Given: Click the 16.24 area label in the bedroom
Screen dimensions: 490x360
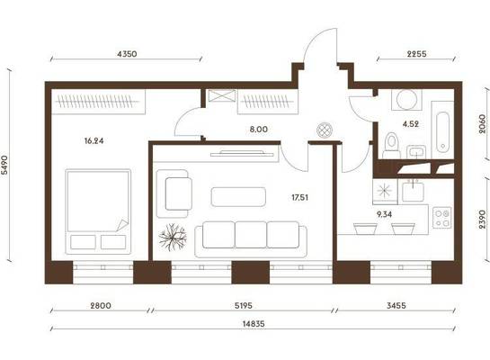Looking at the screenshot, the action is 94,141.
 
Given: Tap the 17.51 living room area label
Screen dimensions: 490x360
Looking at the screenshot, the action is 299,197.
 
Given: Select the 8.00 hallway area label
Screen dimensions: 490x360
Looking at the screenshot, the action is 258,130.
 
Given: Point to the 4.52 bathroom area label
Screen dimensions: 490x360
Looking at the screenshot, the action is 410,124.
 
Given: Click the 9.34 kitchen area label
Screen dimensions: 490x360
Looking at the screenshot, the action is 384,214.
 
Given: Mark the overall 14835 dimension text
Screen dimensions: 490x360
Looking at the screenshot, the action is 254,324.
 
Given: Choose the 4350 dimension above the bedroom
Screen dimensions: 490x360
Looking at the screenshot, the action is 127,54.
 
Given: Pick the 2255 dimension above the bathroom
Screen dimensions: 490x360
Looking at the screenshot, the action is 416,54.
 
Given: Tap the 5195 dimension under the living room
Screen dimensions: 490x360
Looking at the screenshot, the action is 243,306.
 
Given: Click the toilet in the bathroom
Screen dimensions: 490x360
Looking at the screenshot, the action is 391,146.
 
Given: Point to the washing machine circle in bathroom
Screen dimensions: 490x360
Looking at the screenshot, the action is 406,100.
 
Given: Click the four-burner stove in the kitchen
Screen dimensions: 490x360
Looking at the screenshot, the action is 441,218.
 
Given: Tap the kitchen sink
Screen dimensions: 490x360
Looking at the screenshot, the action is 413,192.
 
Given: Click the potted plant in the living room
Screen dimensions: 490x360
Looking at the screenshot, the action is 173,237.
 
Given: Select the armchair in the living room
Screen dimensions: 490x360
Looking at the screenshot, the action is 174,193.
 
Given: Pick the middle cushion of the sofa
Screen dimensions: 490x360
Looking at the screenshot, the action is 251,235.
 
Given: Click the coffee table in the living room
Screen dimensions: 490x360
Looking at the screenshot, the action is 238,197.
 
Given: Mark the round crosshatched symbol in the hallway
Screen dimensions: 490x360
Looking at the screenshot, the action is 325,130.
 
